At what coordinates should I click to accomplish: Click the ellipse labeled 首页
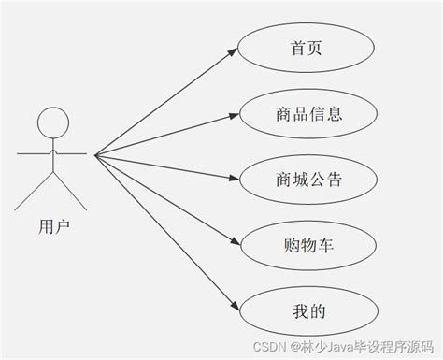coord(307,49)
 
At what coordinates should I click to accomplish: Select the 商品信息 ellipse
coord(307,115)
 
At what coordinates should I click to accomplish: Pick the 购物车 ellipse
coord(307,247)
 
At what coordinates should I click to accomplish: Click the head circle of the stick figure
coord(53,122)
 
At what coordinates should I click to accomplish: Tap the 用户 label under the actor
coord(54,225)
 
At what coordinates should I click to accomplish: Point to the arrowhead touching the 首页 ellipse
coord(234,52)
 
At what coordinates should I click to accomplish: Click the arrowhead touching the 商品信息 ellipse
coord(234,116)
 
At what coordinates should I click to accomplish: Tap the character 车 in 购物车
coord(324,247)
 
